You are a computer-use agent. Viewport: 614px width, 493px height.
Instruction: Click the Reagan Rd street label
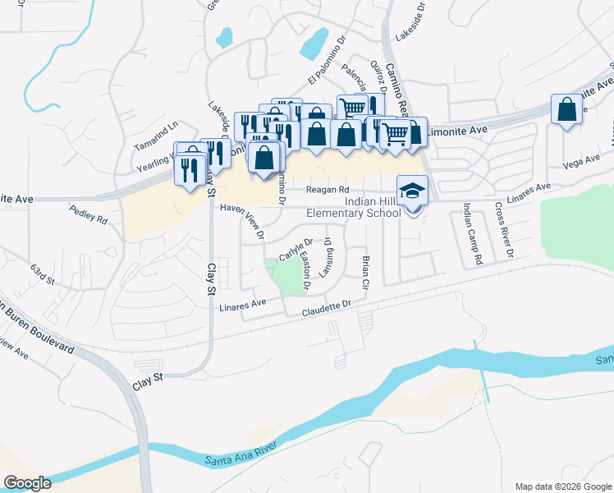tap(323, 191)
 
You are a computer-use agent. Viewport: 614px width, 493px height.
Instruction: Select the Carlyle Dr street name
tap(296, 249)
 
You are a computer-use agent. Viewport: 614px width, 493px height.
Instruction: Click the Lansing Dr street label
tap(326, 257)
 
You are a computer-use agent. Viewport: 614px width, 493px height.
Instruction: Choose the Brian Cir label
tap(365, 272)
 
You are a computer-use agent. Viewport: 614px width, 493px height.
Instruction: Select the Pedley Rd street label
tap(89, 216)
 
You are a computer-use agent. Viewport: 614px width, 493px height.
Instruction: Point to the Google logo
tap(27, 483)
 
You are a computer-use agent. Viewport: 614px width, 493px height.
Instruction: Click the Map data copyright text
tap(563, 486)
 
